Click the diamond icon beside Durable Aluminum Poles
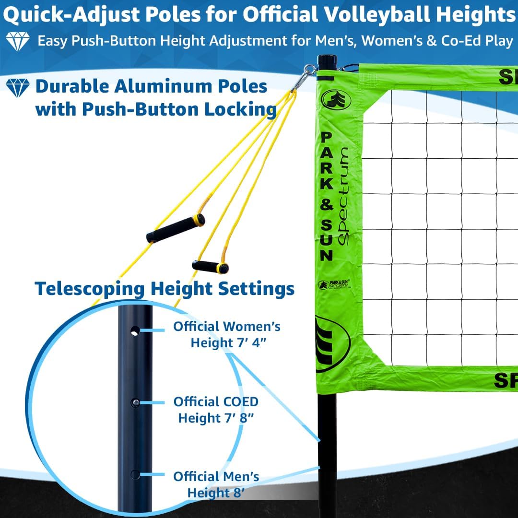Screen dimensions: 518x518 tap(18, 88)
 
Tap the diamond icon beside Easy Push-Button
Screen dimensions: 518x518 tap(18, 42)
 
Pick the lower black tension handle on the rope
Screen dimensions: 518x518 tap(210, 267)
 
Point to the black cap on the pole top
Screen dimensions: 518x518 tap(327, 61)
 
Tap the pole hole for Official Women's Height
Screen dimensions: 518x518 tap(135, 330)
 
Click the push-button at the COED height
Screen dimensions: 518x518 tap(136, 402)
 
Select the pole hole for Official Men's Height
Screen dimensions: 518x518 tap(135, 475)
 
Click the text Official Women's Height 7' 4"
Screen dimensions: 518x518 tap(227, 334)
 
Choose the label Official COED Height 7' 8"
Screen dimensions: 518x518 tap(216, 409)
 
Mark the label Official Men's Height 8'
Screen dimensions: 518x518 tap(216, 484)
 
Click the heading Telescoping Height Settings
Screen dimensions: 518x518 tap(165, 289)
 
